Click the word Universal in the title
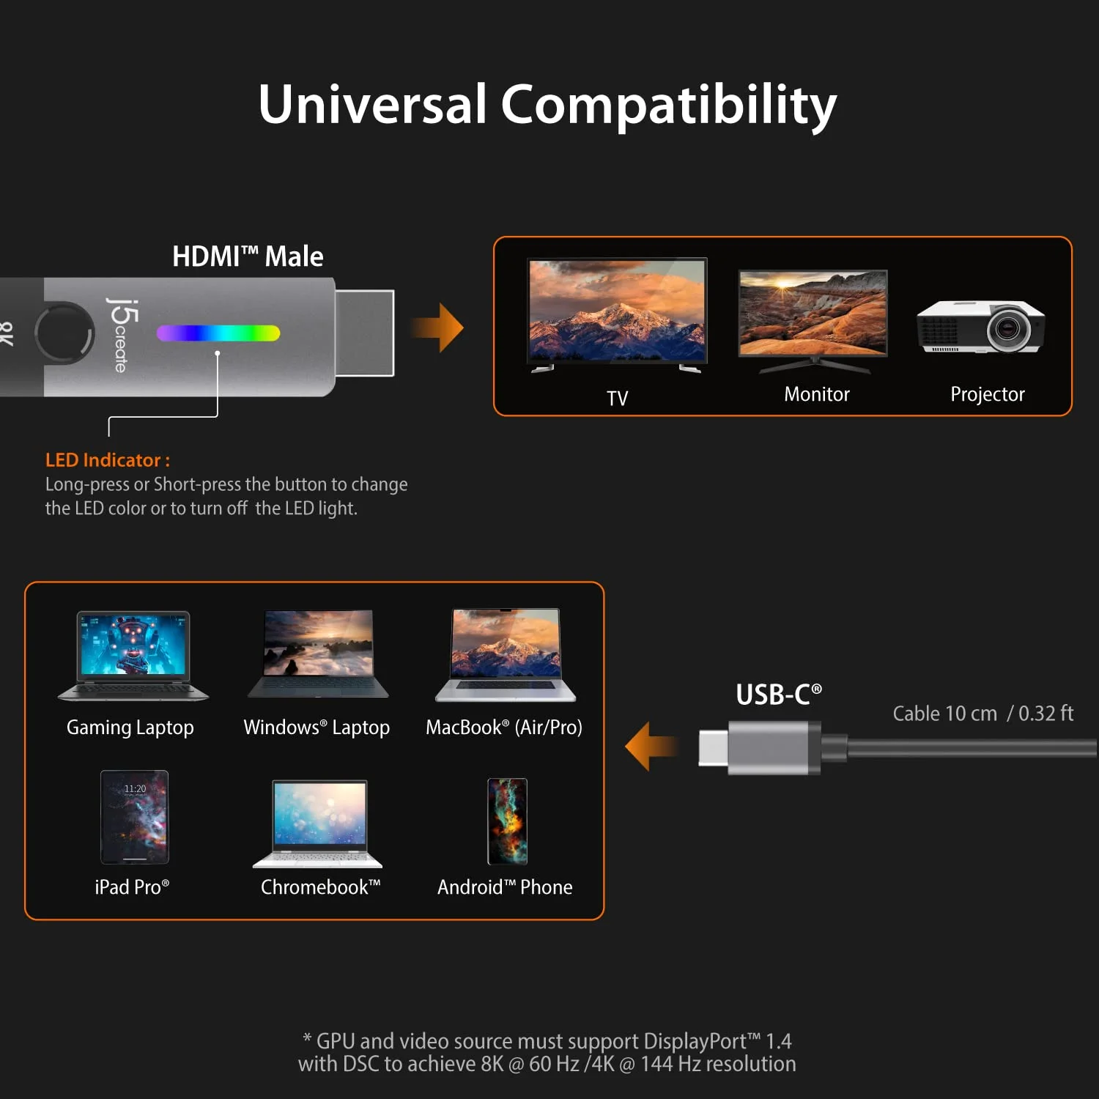point(372,104)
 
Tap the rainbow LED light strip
point(218,333)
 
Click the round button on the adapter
point(65,333)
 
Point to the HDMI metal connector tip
point(365,333)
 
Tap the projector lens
point(1008,328)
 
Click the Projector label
point(987,394)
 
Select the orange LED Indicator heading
point(108,460)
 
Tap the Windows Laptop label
point(317,728)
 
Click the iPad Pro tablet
point(135,817)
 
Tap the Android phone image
point(507,821)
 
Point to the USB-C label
point(778,695)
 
